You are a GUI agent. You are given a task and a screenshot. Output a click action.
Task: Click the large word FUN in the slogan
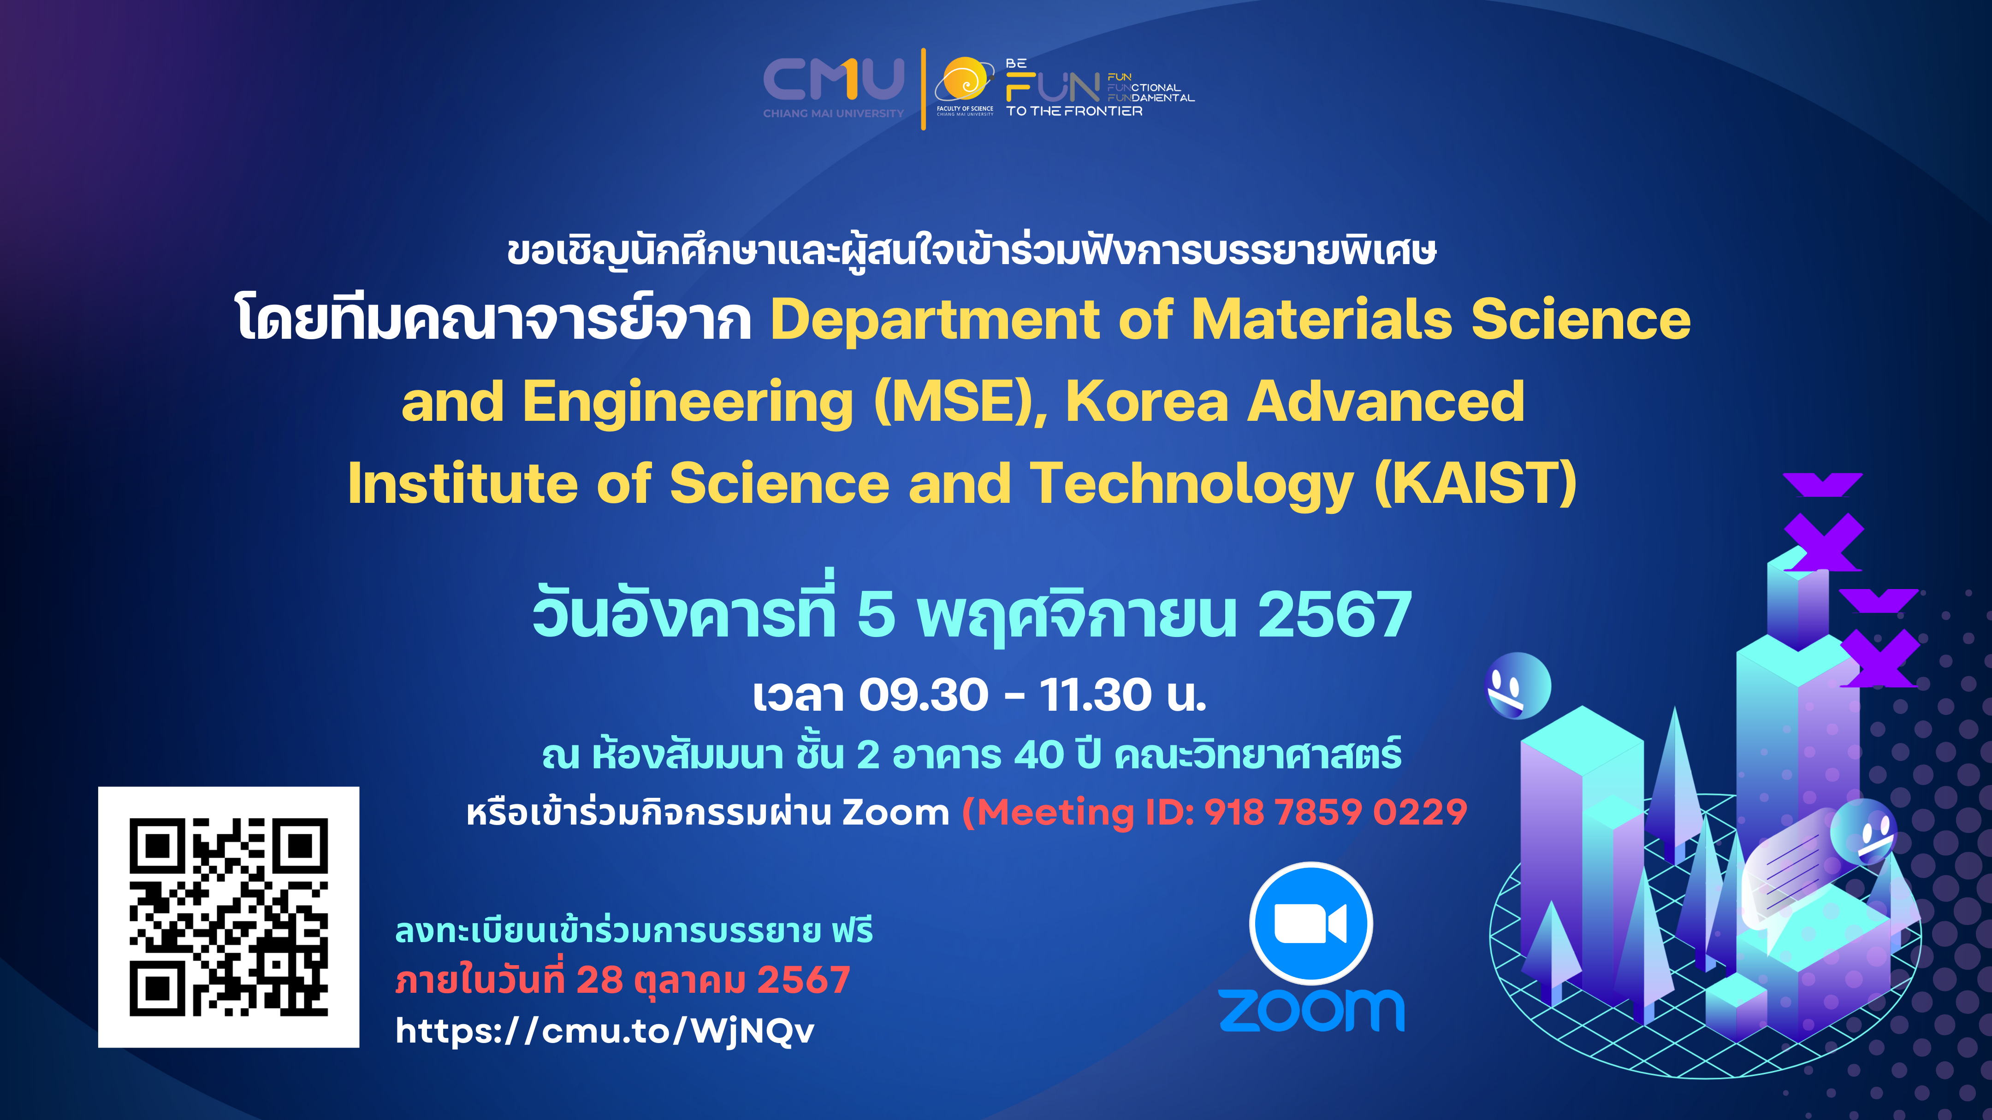(1052, 88)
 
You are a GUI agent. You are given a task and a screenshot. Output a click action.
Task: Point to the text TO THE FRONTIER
(1074, 111)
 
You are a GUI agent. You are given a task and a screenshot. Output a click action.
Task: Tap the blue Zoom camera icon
(1311, 924)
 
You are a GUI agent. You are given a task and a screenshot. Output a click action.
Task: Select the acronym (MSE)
(960, 402)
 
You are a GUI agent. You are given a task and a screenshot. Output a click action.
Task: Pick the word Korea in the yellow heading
(1147, 402)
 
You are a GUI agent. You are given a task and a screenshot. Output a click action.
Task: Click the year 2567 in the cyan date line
(1335, 614)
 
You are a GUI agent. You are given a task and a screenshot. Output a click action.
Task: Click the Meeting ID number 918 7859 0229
(1335, 812)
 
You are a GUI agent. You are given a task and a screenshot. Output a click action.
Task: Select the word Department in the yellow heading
(935, 319)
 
